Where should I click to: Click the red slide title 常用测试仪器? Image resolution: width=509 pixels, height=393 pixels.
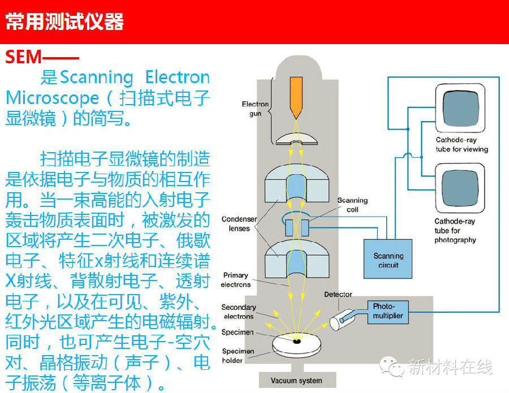(64, 23)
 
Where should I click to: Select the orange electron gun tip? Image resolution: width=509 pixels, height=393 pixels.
(295, 96)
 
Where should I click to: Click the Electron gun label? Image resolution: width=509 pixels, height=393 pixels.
(255, 109)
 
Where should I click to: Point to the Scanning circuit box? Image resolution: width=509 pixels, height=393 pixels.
(388, 260)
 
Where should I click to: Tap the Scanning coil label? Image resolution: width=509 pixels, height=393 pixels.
(352, 205)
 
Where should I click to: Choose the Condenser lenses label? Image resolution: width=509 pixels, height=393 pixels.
(239, 224)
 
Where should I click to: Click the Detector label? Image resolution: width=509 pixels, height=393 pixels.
(338, 294)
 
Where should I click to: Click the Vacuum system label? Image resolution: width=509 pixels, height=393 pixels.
(296, 380)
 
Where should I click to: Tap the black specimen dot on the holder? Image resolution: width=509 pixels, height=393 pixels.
(296, 341)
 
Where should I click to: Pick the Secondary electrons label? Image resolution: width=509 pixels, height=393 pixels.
(238, 312)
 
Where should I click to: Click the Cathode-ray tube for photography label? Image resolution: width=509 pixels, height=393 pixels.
(455, 231)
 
